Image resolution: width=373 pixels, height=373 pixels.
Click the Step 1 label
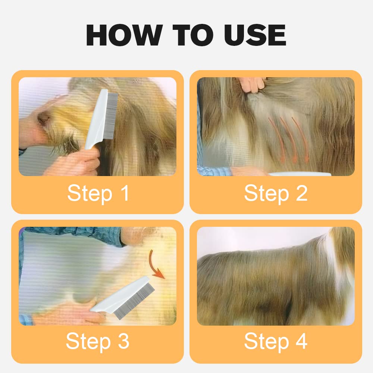tap(98, 193)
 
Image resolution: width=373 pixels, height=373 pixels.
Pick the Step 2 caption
tap(276, 193)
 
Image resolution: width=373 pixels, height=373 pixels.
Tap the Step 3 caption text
tap(97, 341)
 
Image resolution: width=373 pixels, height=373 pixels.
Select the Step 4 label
tap(276, 341)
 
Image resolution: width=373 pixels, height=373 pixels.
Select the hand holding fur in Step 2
tap(253, 84)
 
